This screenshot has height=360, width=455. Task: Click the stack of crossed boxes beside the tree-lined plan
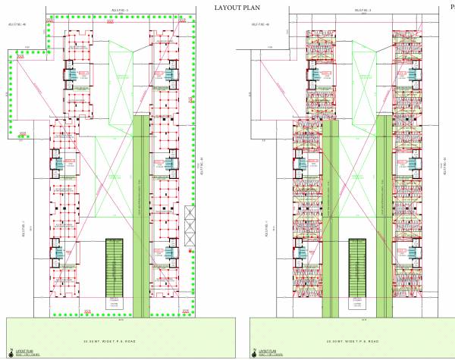tap(189, 224)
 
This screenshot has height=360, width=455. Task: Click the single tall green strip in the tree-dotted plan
tap(141, 216)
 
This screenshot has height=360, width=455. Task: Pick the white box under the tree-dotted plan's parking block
tap(114, 303)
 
